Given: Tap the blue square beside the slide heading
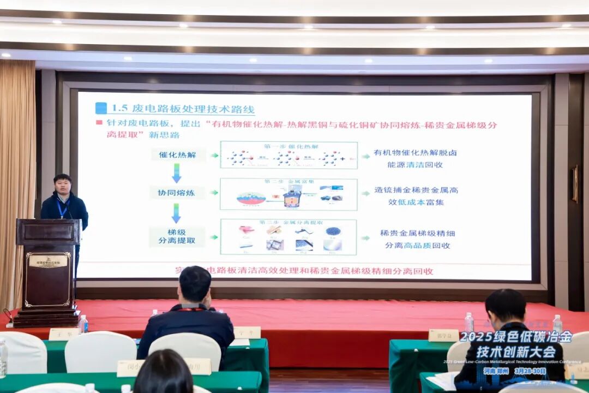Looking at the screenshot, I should pos(101,108).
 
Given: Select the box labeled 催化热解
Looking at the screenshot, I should pos(178,155).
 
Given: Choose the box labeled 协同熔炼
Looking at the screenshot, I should pos(178,193).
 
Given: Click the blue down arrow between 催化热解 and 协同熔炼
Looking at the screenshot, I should pos(176,173).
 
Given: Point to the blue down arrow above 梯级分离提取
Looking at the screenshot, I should pos(176,213).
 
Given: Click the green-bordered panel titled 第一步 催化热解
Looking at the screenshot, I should pos(289,155).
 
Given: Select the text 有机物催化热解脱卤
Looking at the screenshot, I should pos(415,153).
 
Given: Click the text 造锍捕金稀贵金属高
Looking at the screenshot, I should pos(416,190).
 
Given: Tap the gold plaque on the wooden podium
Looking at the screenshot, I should pos(48,261).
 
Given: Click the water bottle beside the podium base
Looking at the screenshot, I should pos(83,324).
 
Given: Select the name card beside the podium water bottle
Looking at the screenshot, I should pos(64,334).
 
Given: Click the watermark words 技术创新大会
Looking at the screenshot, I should pos(515,352).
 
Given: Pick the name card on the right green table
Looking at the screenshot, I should pos(443,335).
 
